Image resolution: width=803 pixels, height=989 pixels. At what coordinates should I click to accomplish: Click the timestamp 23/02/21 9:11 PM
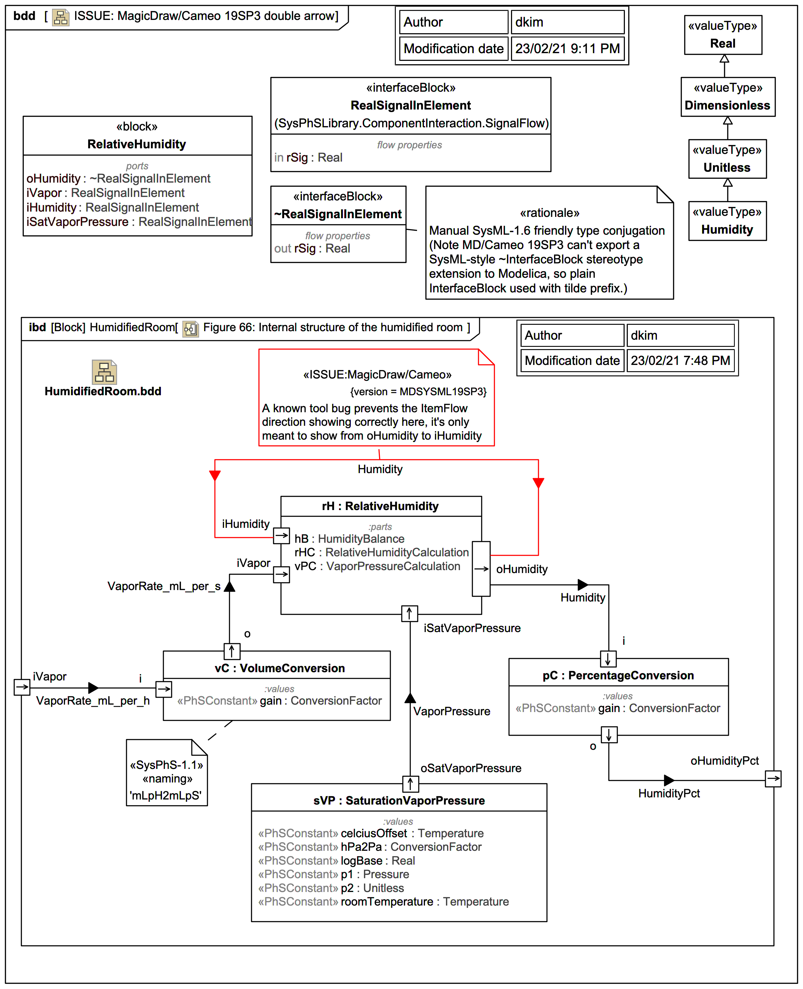(567, 49)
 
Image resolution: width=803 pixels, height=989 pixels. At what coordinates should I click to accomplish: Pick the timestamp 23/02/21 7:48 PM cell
(680, 361)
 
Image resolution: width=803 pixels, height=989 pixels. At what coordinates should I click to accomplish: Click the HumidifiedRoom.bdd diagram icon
(104, 372)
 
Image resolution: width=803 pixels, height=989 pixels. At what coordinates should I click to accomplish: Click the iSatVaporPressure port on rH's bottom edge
(409, 613)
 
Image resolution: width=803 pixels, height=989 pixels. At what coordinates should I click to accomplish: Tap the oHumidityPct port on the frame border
(773, 778)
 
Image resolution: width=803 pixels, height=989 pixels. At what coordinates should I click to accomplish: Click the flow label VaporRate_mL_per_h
(93, 701)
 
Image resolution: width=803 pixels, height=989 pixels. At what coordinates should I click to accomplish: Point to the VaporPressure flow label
(452, 711)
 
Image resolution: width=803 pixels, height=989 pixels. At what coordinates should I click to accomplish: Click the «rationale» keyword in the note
(549, 213)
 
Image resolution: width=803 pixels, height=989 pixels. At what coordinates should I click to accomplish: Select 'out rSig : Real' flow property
(312, 249)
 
